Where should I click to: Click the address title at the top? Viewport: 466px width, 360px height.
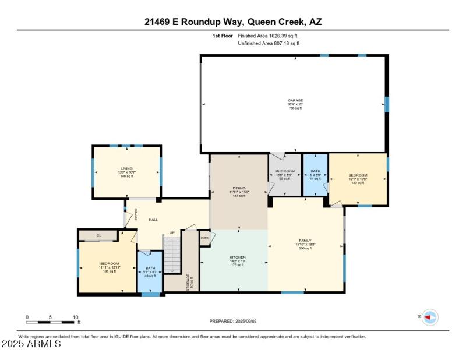[233, 22]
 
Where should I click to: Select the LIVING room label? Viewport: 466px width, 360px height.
[126, 168]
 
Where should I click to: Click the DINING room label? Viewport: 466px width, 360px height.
[239, 188]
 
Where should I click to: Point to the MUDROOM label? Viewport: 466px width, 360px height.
[284, 171]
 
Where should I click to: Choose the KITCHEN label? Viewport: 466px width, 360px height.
[238, 257]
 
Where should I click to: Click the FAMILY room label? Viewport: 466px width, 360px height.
[306, 241]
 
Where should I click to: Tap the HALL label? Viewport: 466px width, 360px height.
[153, 220]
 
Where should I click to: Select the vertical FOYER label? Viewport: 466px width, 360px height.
[136, 214]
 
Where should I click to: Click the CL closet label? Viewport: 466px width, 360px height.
[98, 235]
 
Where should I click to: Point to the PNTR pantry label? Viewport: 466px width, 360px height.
[204, 238]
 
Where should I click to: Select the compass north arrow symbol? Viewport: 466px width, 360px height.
[430, 317]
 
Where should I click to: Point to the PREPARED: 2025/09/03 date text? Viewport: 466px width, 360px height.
[233, 321]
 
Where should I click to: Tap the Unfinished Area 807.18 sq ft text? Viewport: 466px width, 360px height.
[269, 43]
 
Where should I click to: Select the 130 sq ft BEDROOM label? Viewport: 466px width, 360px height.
[358, 175]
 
